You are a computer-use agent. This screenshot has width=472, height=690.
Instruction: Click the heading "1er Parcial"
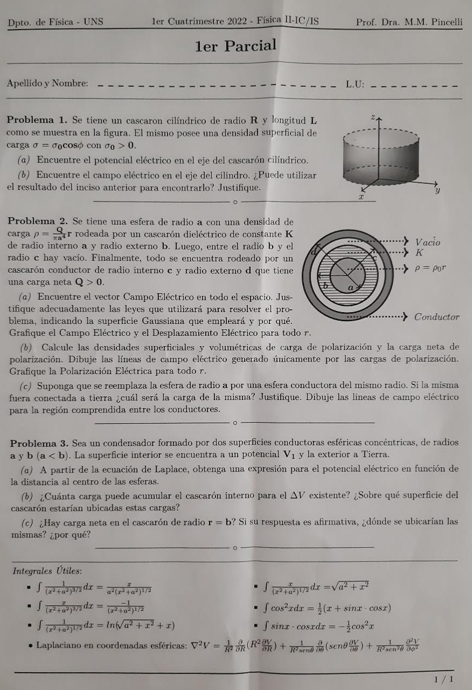click(235, 46)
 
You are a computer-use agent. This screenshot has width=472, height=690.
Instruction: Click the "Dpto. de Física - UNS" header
click(55, 23)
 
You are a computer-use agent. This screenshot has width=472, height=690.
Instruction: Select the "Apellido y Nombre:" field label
click(47, 83)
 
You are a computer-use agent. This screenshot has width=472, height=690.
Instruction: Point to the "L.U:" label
click(356, 84)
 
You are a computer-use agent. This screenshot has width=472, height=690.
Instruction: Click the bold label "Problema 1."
click(38, 120)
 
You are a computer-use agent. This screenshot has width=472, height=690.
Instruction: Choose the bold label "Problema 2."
click(38, 222)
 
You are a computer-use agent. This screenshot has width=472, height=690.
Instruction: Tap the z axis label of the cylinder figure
click(372, 116)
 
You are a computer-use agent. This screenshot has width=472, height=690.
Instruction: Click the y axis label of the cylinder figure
click(438, 190)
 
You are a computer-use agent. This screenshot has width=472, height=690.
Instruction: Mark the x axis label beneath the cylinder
click(362, 198)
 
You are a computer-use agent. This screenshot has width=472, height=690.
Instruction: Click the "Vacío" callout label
click(427, 242)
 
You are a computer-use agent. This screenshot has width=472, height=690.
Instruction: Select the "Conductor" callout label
click(436, 317)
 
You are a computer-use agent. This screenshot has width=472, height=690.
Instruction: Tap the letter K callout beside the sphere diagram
click(419, 252)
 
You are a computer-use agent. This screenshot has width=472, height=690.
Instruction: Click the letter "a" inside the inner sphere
click(351, 287)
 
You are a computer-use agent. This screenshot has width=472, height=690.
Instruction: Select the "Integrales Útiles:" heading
click(47, 571)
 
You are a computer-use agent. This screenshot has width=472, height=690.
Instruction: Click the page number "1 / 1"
click(443, 679)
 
